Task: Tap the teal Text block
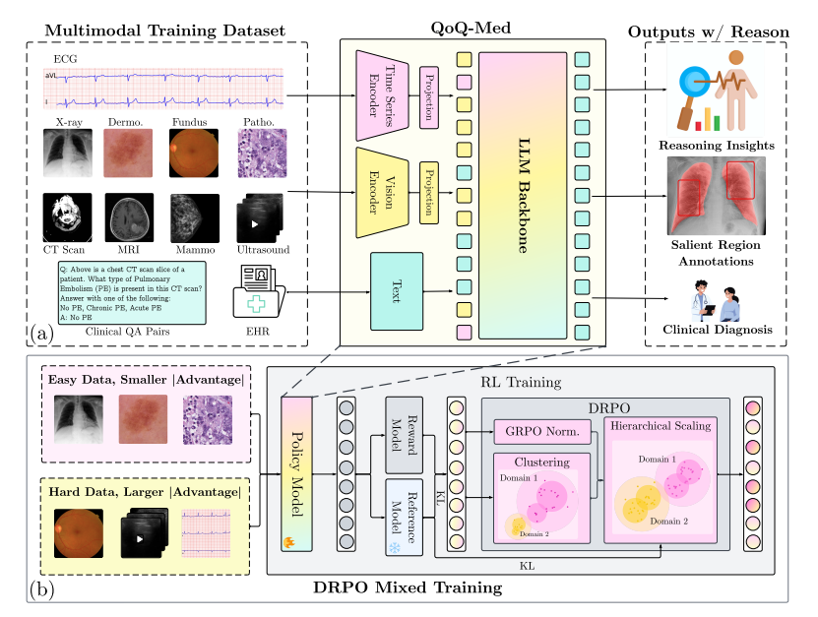[396, 291]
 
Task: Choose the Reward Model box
[403, 434]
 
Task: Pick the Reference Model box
[403, 515]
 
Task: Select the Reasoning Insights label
[716, 146]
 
